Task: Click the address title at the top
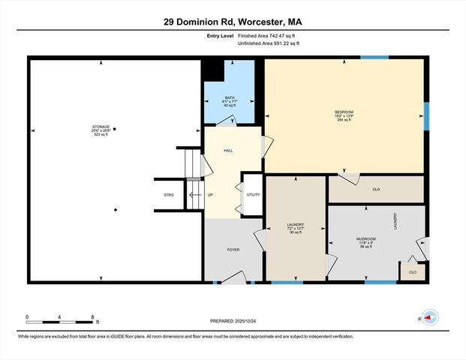pyautogui.click(x=233, y=22)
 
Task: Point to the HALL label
pyautogui.click(x=228, y=151)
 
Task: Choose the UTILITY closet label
pyautogui.click(x=253, y=195)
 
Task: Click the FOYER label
pyautogui.click(x=233, y=250)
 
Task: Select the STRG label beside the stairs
pyautogui.click(x=169, y=195)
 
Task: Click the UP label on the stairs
pyautogui.click(x=210, y=195)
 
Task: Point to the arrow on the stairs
pyautogui.click(x=195, y=195)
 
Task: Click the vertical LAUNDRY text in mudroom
pyautogui.click(x=395, y=221)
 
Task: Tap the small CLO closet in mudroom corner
pyautogui.click(x=413, y=271)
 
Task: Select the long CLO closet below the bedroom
pyautogui.click(x=376, y=189)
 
